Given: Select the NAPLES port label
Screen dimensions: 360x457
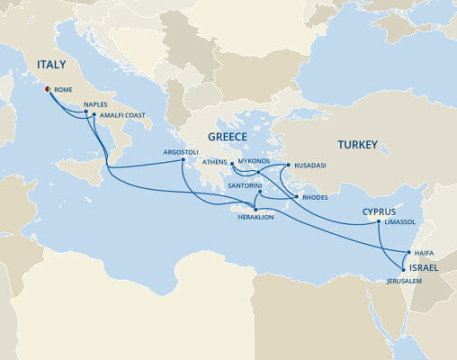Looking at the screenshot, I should click(x=95, y=104).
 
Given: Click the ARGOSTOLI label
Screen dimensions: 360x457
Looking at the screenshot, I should click(x=180, y=152).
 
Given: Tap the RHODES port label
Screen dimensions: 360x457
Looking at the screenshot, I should click(x=316, y=198).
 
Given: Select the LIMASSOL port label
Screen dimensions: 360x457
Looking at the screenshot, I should click(x=399, y=221).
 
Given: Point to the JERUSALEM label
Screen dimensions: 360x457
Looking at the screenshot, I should click(x=403, y=281).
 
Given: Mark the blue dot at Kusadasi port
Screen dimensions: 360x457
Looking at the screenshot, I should click(x=287, y=166).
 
